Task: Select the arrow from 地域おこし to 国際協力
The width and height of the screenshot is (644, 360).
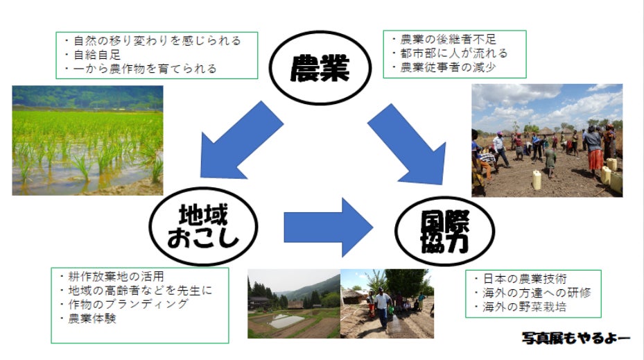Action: point(328,228)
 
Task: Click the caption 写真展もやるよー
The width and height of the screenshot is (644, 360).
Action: point(576,338)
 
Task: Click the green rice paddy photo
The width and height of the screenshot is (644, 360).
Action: point(87,141)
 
